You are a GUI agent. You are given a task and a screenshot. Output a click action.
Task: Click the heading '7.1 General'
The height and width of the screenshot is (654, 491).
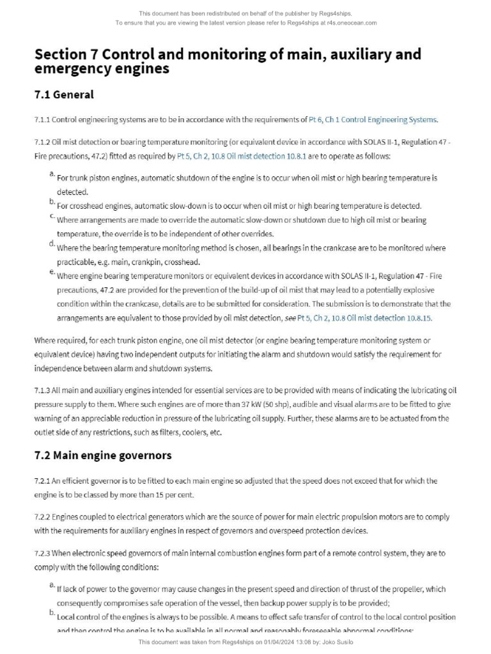pyautogui.click(x=64, y=95)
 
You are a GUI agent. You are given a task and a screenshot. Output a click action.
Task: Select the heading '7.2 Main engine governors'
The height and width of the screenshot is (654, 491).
pyautogui.click(x=103, y=456)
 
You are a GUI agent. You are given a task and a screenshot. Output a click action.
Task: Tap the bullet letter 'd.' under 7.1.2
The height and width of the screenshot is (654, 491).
pyautogui.click(x=51, y=244)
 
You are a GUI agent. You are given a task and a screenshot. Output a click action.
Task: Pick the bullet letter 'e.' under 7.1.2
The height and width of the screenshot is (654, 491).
pyautogui.click(x=51, y=272)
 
